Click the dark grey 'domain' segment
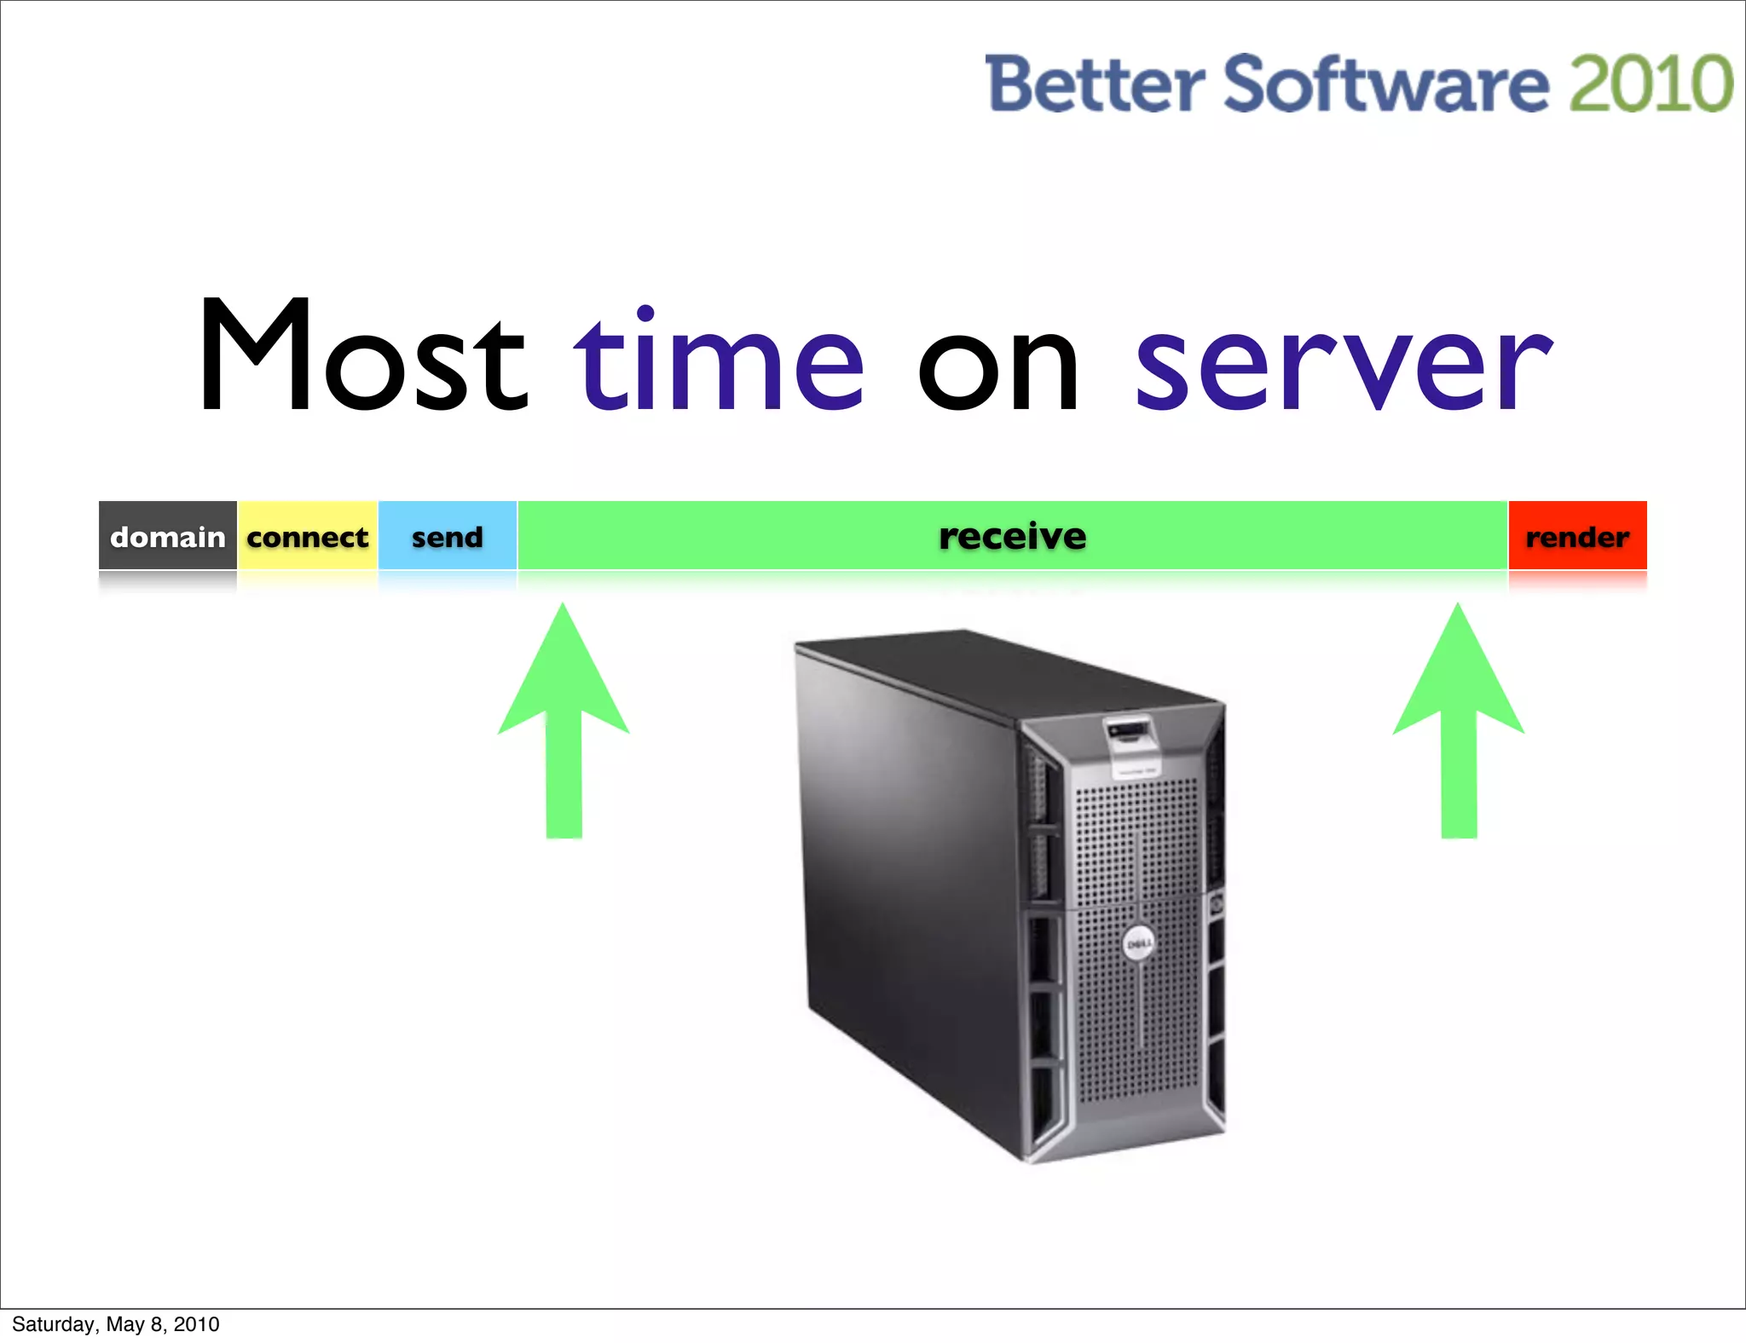[168, 536]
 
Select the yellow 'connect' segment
[308, 536]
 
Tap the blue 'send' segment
[448, 536]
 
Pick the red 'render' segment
[1577, 536]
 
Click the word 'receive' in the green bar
[1013, 536]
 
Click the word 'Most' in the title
[362, 355]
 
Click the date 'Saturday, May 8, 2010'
[116, 1323]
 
